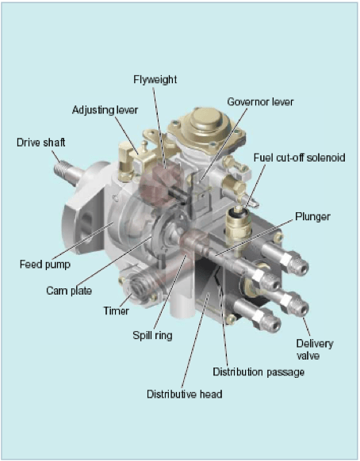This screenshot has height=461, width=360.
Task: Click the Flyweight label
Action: (x=155, y=80)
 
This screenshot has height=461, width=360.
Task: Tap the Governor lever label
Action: (x=260, y=101)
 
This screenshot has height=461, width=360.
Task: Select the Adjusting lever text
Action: (x=105, y=110)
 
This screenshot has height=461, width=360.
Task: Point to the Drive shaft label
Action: (x=41, y=143)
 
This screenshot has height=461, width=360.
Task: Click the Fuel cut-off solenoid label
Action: (x=300, y=158)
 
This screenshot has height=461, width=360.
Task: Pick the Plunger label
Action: (x=312, y=217)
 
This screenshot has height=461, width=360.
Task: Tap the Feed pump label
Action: (x=45, y=264)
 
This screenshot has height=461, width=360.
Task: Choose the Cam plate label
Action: (x=69, y=291)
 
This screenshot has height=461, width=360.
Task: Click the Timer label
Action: (x=116, y=311)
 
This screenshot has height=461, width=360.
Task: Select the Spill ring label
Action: (x=152, y=336)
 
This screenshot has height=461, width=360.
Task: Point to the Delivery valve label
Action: (x=315, y=349)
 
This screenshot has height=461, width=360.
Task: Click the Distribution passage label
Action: (x=259, y=372)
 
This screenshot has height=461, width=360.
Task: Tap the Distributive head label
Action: (x=185, y=394)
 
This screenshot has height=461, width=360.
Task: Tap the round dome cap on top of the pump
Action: (x=205, y=119)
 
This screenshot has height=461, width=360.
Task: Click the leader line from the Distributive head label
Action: (x=195, y=341)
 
